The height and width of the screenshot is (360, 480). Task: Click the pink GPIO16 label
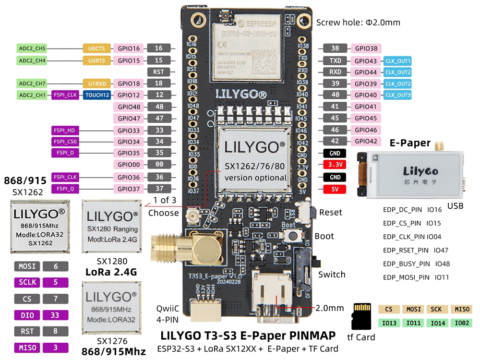pyautogui.click(x=129, y=48)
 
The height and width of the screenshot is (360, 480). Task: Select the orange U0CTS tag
pyautogui.click(x=96, y=48)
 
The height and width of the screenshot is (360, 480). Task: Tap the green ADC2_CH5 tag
pyautogui.click(x=32, y=48)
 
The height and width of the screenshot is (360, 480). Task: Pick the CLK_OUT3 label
pyautogui.click(x=398, y=95)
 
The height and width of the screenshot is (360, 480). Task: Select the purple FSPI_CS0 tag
pyautogui.click(x=65, y=142)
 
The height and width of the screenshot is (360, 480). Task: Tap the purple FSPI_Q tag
pyautogui.click(x=65, y=189)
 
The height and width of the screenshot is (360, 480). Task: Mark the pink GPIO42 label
pyautogui.click(x=366, y=141)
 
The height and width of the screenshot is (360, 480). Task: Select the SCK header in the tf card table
pyautogui.click(x=436, y=310)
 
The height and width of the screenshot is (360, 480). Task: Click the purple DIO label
pyautogui.click(x=27, y=315)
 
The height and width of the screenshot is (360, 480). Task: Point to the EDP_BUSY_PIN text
pyautogui.click(x=406, y=264)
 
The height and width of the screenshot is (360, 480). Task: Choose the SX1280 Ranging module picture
pyautogui.click(x=112, y=226)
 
